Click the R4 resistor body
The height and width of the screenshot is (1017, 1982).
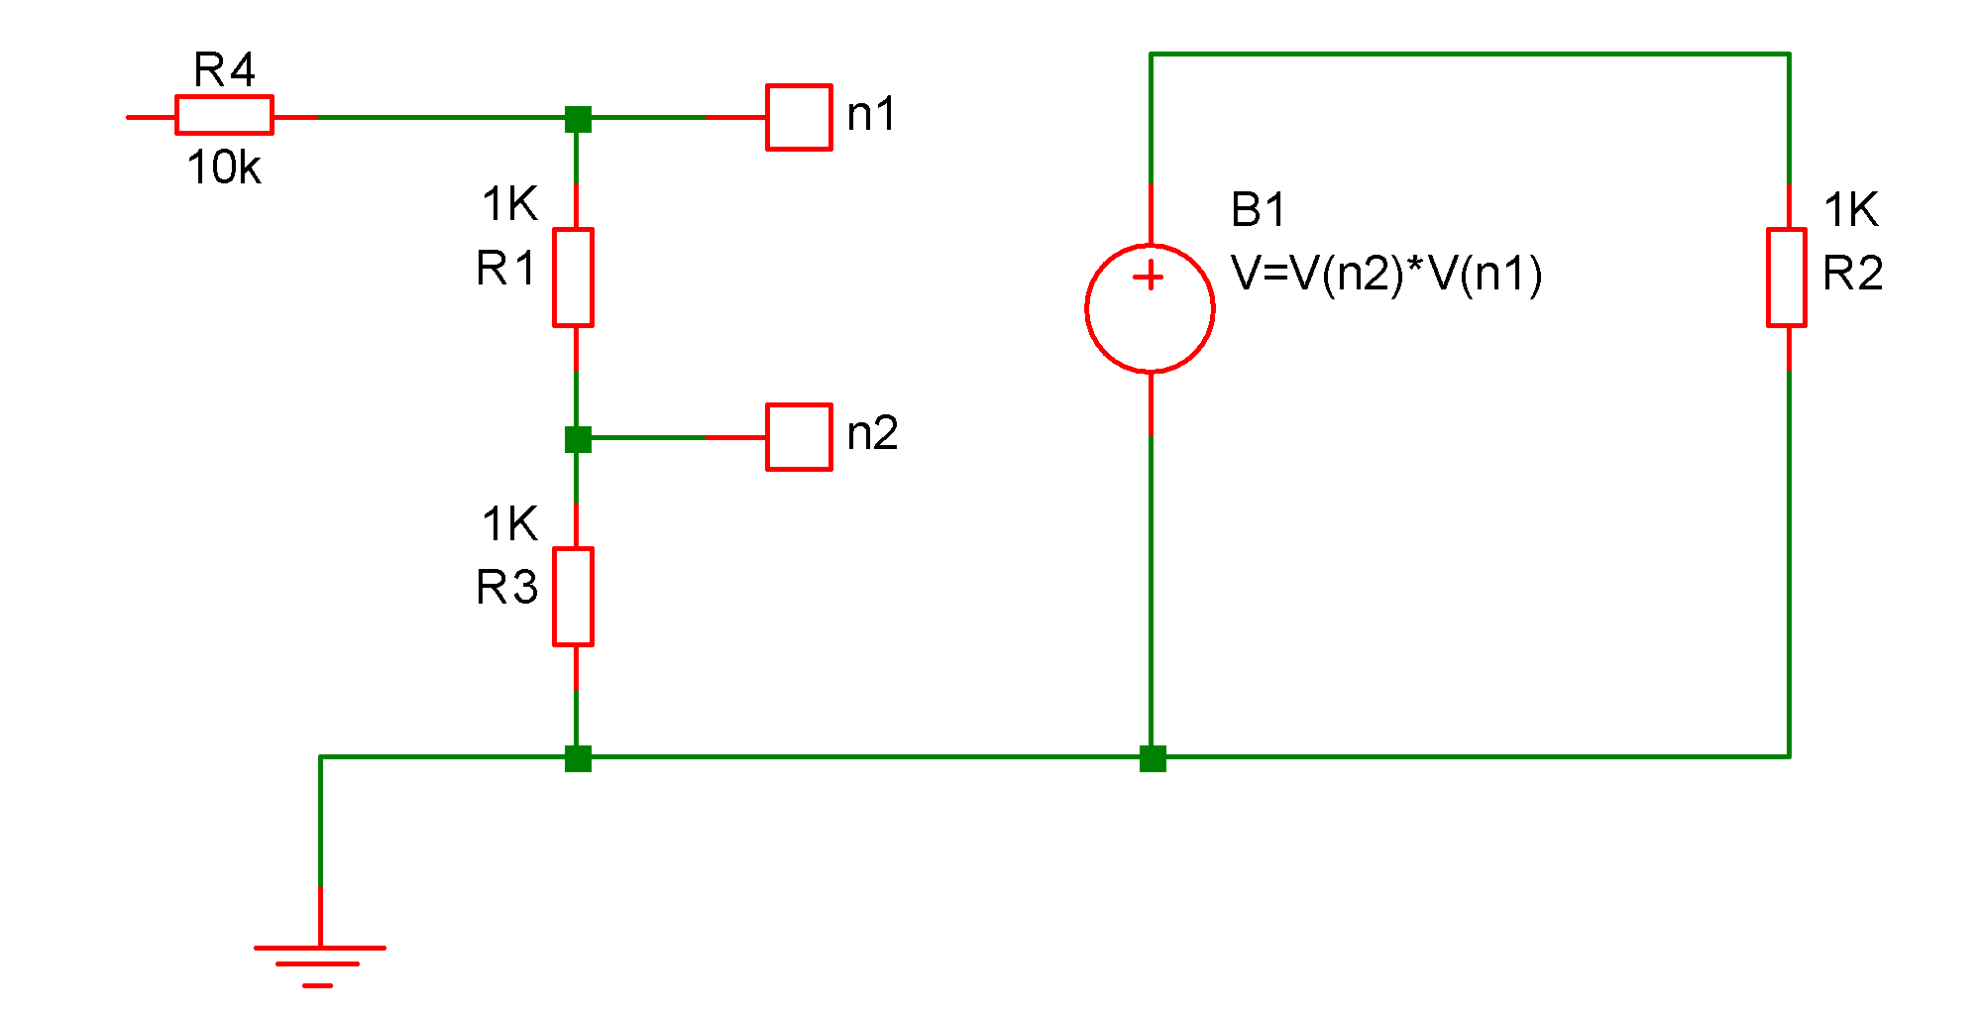pos(224,115)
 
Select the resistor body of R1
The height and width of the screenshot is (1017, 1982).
pos(573,278)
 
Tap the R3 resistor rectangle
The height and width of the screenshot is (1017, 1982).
pos(573,597)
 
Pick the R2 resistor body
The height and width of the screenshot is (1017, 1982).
pos(1787,278)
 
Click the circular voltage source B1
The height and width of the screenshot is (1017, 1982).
pos(1150,309)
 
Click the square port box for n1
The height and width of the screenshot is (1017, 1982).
pos(799,117)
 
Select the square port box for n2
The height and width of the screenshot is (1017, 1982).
pos(799,437)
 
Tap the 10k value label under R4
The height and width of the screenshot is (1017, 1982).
pos(224,169)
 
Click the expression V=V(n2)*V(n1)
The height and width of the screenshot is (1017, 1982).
pos(1386,274)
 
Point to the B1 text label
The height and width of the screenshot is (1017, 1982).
pos(1258,210)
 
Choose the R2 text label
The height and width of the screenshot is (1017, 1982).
pos(1852,274)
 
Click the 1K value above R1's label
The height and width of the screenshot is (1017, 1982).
pos(509,205)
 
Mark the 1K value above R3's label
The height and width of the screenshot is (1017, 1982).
pos(509,524)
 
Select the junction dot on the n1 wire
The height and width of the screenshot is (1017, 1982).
pos(578,119)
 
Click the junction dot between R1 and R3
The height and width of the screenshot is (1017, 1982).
pos(578,439)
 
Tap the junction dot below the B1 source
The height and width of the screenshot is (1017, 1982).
pos(1153,758)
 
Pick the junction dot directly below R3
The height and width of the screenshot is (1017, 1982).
pos(578,758)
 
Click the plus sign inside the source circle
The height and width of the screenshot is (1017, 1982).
pos(1149,277)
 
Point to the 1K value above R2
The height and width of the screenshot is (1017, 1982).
pos(1850,210)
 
